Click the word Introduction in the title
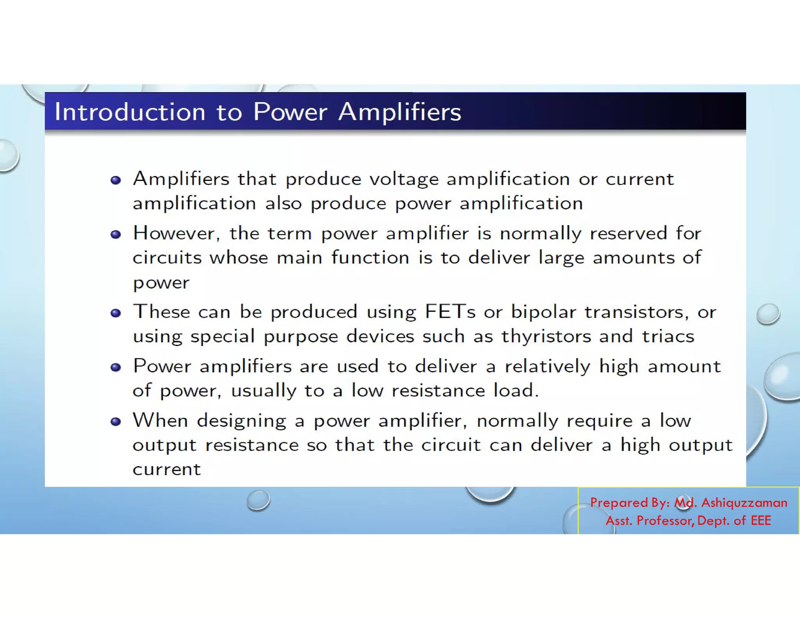130,112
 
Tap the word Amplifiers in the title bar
400,112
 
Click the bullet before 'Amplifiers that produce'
116,180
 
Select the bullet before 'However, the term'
116,234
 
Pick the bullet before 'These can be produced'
116,313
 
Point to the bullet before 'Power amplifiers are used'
116,367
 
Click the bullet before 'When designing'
116,422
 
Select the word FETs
450,312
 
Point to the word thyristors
546,336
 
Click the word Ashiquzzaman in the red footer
744,502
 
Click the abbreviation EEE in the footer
761,521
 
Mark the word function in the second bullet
370,258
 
